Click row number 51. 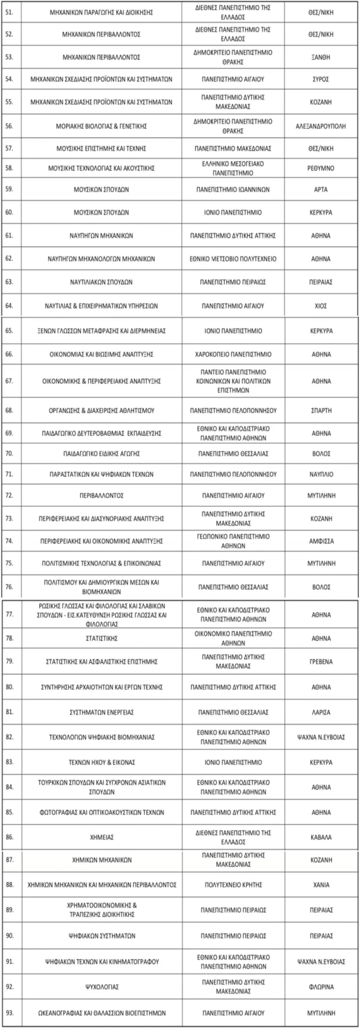click(9, 13)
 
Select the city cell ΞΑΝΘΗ click(321, 57)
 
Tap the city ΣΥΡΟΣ click(321, 79)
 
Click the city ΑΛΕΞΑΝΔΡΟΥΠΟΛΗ click(321, 126)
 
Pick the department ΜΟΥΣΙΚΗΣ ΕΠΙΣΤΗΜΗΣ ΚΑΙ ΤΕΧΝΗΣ click(101, 149)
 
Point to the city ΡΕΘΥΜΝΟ click(321, 168)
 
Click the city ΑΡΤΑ click(321, 190)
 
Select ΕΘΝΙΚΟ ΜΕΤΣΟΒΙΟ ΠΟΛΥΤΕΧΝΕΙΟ click(233, 259)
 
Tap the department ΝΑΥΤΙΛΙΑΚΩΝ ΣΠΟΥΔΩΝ click(101, 282)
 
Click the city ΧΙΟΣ click(321, 306)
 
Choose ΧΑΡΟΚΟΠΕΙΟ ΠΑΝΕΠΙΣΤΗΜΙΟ click(233, 355)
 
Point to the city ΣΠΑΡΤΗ click(321, 411)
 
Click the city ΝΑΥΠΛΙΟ click(321, 475)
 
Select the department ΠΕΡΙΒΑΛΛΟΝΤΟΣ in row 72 click(101, 496)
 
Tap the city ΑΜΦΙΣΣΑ click(321, 541)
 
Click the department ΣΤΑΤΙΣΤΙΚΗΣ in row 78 click(101, 638)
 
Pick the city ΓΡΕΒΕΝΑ click(321, 662)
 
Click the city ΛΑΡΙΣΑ click(321, 712)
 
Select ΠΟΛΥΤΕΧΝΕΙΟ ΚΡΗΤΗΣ click(233, 884)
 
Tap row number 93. click(9, 1013)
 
